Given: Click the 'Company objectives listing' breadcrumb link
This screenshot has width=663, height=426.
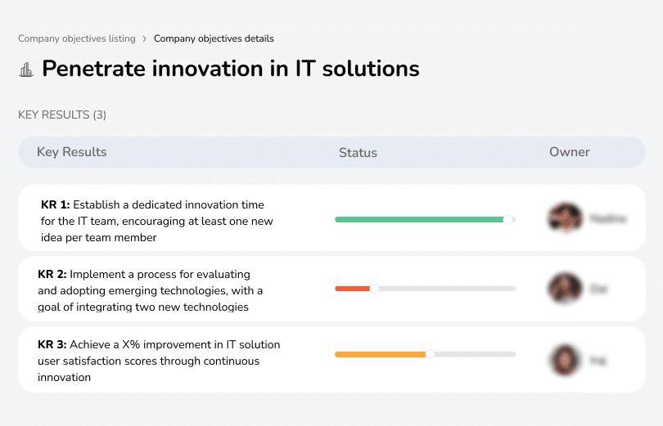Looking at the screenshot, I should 76,38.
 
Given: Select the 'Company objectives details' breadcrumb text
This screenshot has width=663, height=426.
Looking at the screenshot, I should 214,38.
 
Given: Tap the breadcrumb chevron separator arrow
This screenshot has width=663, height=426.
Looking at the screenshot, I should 144,38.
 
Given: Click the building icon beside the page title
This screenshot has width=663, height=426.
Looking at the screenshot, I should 26,70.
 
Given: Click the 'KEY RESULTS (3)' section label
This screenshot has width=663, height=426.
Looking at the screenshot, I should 62,114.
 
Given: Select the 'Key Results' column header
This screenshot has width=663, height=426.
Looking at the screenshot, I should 72,152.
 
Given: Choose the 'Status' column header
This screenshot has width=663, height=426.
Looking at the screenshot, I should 358,153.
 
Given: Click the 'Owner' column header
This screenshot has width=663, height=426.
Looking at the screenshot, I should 570,152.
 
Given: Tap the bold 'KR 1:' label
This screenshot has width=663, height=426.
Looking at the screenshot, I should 55,205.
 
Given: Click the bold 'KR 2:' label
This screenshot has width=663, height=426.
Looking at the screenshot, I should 52,275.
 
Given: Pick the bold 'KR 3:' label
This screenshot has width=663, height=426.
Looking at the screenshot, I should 52,345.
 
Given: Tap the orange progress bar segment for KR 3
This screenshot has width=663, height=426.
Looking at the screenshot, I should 381,355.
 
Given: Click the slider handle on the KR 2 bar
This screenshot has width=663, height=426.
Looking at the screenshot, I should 375,289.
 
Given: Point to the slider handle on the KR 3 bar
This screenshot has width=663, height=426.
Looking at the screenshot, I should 430,355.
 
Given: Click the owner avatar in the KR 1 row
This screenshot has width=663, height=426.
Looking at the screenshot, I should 565,218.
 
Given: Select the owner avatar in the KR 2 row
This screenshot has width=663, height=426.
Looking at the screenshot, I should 565,289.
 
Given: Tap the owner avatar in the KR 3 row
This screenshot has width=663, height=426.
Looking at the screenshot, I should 565,359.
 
